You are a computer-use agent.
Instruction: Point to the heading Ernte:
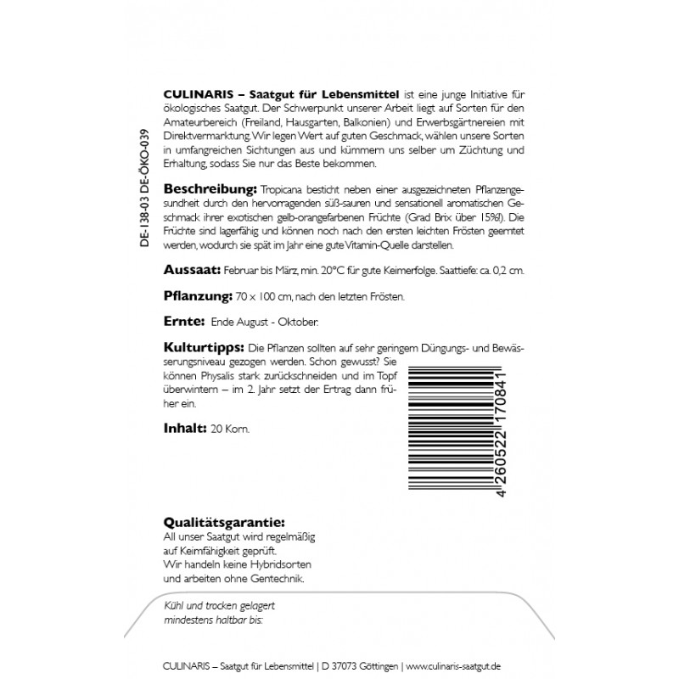point(182,323)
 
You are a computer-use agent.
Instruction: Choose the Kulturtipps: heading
point(201,349)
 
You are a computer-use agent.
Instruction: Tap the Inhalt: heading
point(183,428)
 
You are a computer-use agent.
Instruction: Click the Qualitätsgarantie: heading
point(223,521)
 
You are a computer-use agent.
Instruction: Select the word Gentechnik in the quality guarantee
point(274,578)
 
